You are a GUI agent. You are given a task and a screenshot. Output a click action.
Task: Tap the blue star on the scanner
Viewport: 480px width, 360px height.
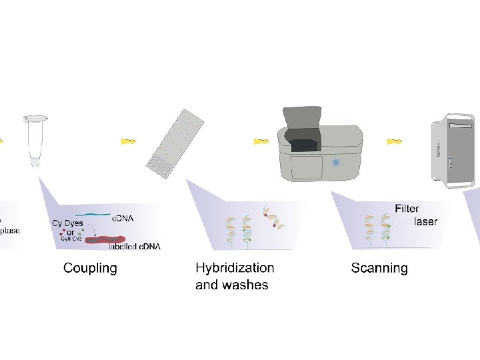pos(336,163)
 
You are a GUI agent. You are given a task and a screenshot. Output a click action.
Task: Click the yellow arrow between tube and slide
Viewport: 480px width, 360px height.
pos(129,141)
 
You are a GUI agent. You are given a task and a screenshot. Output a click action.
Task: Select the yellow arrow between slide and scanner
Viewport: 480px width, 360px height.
pos(261,141)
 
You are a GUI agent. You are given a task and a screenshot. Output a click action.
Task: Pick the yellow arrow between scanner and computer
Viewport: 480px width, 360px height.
pos(395,141)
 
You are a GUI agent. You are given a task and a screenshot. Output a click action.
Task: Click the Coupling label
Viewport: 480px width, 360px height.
pos(90,268)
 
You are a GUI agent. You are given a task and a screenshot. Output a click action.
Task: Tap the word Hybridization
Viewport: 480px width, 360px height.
pos(235,267)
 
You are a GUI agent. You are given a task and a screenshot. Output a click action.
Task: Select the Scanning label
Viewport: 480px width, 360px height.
pos(379,268)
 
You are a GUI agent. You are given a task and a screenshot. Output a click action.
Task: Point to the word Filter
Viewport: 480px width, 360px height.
pos(407,209)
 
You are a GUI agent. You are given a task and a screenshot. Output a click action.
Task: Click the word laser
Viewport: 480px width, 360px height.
pos(426,221)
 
